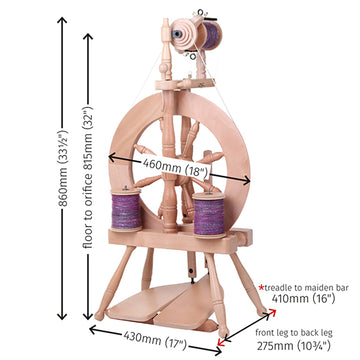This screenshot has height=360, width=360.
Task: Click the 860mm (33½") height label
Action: pos(63,168)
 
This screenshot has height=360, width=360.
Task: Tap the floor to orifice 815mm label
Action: pos(88,177)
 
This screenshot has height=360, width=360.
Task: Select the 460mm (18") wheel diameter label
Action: pos(176,167)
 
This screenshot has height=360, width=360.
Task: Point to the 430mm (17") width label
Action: pos(156,339)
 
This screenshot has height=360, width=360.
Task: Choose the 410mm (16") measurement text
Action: pos(303,298)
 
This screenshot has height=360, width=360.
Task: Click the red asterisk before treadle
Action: pos(262,286)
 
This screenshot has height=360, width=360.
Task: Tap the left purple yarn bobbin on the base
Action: pos(126,210)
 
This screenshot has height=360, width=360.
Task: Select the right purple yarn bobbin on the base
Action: pos(209,215)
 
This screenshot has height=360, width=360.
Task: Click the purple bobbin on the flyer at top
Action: pos(212,35)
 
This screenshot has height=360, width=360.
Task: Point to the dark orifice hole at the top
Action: pos(176,34)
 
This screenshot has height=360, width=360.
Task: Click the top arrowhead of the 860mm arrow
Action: pos(62,20)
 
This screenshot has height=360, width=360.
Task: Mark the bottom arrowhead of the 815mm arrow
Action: pos(88,317)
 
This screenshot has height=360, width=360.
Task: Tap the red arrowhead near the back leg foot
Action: pos(273,312)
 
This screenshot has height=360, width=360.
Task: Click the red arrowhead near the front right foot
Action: pos(220,342)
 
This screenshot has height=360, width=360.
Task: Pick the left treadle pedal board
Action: pos(148,301)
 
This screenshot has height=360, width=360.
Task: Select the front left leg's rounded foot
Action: pos(100,315)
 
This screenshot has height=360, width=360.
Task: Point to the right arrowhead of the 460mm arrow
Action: pos(246,180)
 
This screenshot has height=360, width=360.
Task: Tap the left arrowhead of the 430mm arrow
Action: pos(93,330)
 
